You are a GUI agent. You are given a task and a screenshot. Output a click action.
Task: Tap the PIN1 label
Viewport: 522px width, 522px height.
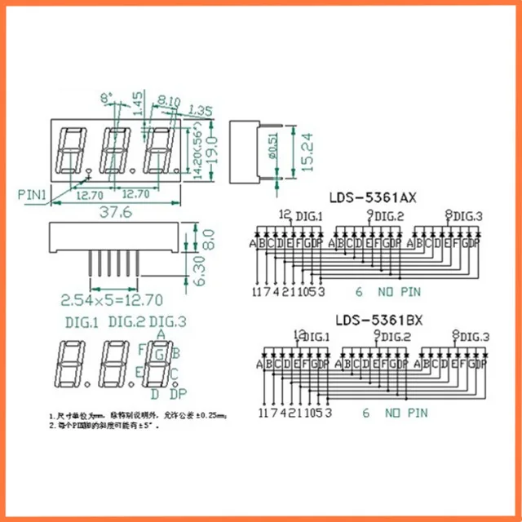coord(33,194)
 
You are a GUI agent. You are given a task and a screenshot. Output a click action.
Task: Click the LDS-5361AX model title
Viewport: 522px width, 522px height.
coord(373,197)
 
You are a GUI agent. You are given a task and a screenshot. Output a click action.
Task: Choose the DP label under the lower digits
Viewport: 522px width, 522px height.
coord(178,395)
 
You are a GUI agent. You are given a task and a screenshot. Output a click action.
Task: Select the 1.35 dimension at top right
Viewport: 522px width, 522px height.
coord(201,110)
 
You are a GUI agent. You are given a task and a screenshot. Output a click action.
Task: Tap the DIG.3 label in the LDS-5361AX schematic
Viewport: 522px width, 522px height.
coord(467,215)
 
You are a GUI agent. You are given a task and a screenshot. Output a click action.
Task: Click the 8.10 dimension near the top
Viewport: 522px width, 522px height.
coord(170,102)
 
